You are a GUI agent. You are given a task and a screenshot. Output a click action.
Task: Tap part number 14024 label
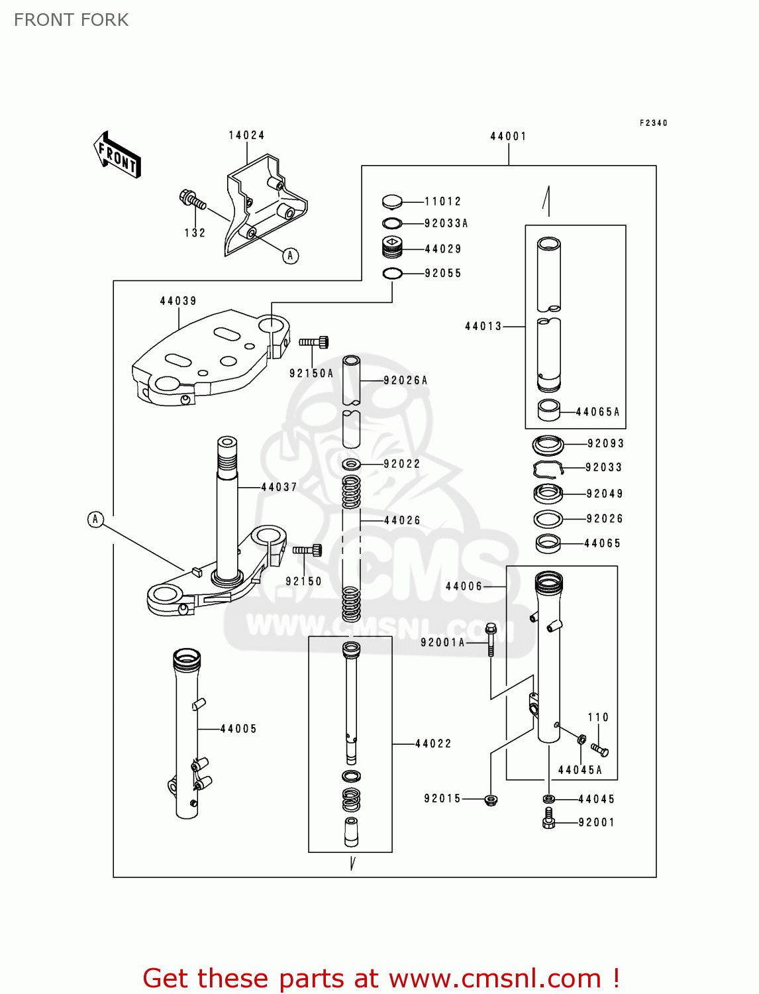246,135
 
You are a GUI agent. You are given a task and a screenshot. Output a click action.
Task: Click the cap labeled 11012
392,201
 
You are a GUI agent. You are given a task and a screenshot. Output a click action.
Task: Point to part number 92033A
446,223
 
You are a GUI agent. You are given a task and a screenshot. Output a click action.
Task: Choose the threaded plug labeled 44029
393,248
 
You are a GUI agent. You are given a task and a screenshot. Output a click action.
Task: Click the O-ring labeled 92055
392,273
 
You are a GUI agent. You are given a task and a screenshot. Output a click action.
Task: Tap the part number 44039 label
178,301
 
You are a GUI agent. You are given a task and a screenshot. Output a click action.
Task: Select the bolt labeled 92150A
314,342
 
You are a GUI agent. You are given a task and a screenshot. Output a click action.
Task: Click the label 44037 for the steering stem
279,487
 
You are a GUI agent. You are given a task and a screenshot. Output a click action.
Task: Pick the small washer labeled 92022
351,463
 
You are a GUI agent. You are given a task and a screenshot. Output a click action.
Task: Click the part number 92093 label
605,443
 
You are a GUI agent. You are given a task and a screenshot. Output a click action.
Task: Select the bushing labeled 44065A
548,411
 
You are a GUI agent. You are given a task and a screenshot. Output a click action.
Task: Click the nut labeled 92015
491,800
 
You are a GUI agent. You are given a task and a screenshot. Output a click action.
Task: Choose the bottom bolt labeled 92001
548,819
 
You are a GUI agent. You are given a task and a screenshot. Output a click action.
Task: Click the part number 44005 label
238,729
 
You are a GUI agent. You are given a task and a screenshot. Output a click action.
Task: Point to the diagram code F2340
653,123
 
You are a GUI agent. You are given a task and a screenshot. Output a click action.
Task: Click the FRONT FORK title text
72,20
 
